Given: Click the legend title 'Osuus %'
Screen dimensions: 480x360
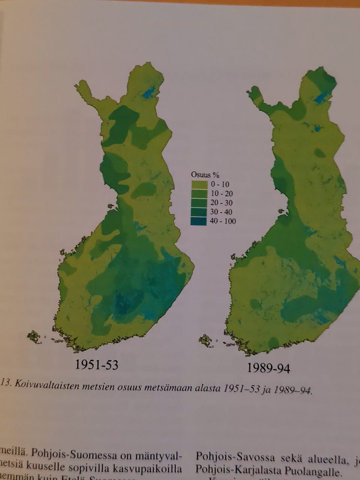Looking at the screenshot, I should point(205,175).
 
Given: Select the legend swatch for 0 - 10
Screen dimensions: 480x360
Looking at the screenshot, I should point(199,184).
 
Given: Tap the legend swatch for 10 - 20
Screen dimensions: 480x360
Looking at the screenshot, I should point(199,193).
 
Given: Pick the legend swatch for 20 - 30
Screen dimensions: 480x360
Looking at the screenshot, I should point(199,203).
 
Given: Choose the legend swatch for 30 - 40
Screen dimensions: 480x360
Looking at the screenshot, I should point(199,212).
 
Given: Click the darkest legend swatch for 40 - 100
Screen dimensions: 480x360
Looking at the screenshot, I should point(199,221).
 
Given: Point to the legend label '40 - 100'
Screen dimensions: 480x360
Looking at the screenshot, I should point(223,221).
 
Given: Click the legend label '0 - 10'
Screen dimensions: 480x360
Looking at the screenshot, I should point(220,184).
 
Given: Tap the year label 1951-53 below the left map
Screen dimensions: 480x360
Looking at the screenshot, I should point(96,364).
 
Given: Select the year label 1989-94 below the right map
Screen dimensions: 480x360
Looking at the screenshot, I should point(268,368).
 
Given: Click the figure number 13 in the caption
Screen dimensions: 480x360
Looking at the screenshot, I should point(5,383).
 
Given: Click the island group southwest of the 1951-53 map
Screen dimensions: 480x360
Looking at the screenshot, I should point(34,336).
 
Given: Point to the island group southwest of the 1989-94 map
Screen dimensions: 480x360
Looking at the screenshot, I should point(205,340).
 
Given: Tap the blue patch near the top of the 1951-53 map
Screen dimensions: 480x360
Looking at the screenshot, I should point(149,92).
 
